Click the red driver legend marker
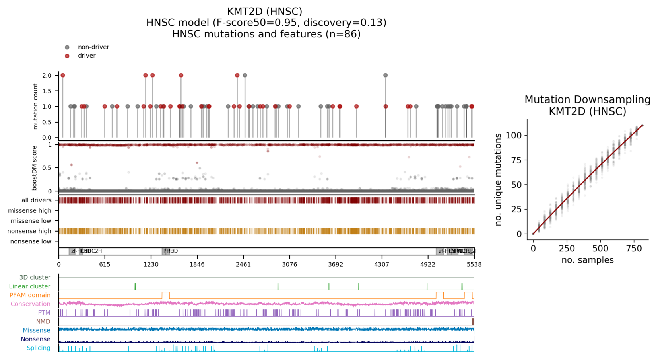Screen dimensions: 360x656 pos(67,56)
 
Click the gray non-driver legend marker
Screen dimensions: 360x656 pos(67,47)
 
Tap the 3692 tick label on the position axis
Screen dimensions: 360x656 pos(336,264)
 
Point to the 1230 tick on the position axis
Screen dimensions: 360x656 pos(151,264)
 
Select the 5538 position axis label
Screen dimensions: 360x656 pos(474,264)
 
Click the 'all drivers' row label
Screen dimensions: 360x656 pos(37,200)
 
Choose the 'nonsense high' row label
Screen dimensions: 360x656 pos(29,231)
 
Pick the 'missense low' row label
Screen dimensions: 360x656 pos(31,221)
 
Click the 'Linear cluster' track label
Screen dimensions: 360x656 pos(30,286)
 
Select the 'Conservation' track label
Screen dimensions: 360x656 pos(31,304)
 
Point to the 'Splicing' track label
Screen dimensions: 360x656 pos(39,348)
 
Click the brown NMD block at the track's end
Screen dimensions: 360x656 pos(473,321)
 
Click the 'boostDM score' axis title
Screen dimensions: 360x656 pos(35,168)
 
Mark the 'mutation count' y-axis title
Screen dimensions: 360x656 pos(35,106)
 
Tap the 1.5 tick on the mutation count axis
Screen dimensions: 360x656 pos(47,91)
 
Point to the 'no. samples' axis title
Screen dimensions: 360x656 pos(587,260)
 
